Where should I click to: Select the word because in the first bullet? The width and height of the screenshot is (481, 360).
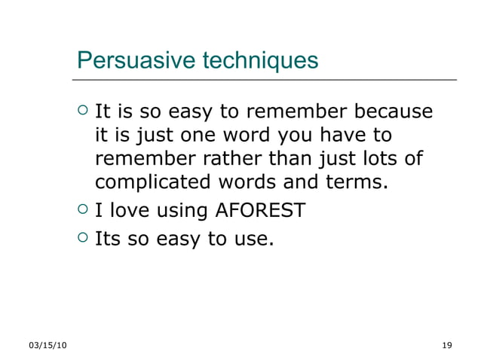[391, 112]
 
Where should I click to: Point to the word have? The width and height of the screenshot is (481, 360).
[345, 136]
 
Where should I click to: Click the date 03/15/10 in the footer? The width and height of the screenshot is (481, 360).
[47, 345]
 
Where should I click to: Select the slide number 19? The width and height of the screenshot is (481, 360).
[446, 345]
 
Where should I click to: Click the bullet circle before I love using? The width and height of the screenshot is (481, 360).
[83, 209]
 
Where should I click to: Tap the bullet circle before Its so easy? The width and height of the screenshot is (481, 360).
[83, 238]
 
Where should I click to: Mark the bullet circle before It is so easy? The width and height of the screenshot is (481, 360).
[83, 111]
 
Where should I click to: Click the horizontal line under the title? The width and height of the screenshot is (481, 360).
[264, 79]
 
